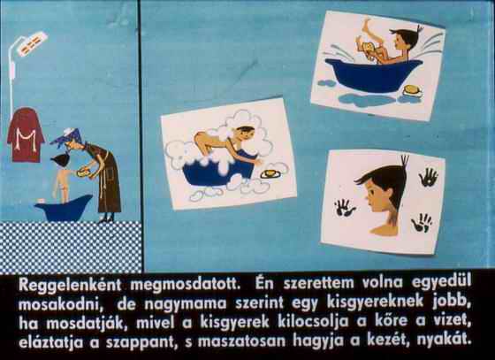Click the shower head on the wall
32,43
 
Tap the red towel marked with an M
26,134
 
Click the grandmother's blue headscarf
68,137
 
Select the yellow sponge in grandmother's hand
82,172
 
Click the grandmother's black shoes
106,218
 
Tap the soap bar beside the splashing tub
413,90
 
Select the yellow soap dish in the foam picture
270,174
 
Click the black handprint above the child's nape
429,177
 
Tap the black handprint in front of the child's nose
344,208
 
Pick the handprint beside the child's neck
422,223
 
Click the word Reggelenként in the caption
70,285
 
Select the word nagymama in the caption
186,303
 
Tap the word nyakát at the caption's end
444,341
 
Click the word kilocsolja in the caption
313,321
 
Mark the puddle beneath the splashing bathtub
366,100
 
